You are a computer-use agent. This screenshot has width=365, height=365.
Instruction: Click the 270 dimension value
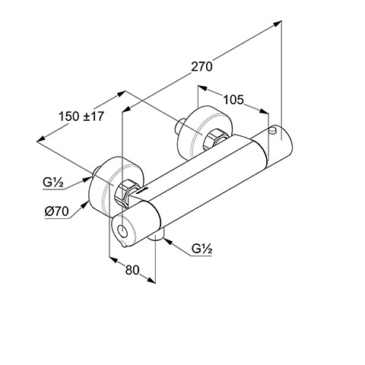202,67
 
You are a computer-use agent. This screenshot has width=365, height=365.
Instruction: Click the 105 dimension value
233,100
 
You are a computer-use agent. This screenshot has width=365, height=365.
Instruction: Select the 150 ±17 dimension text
81,116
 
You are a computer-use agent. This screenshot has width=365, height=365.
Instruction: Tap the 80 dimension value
132,270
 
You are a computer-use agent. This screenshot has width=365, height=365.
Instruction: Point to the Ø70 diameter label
57,211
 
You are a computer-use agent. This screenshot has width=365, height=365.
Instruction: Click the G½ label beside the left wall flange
53,182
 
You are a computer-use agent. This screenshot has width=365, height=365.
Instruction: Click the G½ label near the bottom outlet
202,249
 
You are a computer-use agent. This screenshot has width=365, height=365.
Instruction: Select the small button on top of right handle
273,130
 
